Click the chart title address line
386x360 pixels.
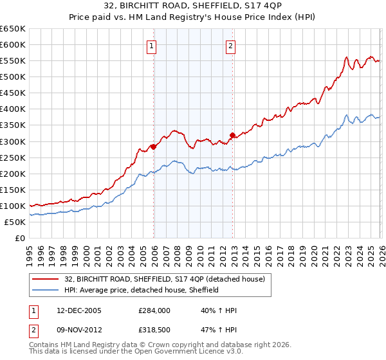pos(192,6)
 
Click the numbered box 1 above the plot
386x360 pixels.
pos(151,46)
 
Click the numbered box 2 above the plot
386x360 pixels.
pos(230,46)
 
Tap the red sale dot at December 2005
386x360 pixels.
pos(154,147)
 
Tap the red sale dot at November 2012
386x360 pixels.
pos(232,135)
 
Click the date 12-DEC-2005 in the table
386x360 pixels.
pos(78,310)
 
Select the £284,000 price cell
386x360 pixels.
pos(154,310)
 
